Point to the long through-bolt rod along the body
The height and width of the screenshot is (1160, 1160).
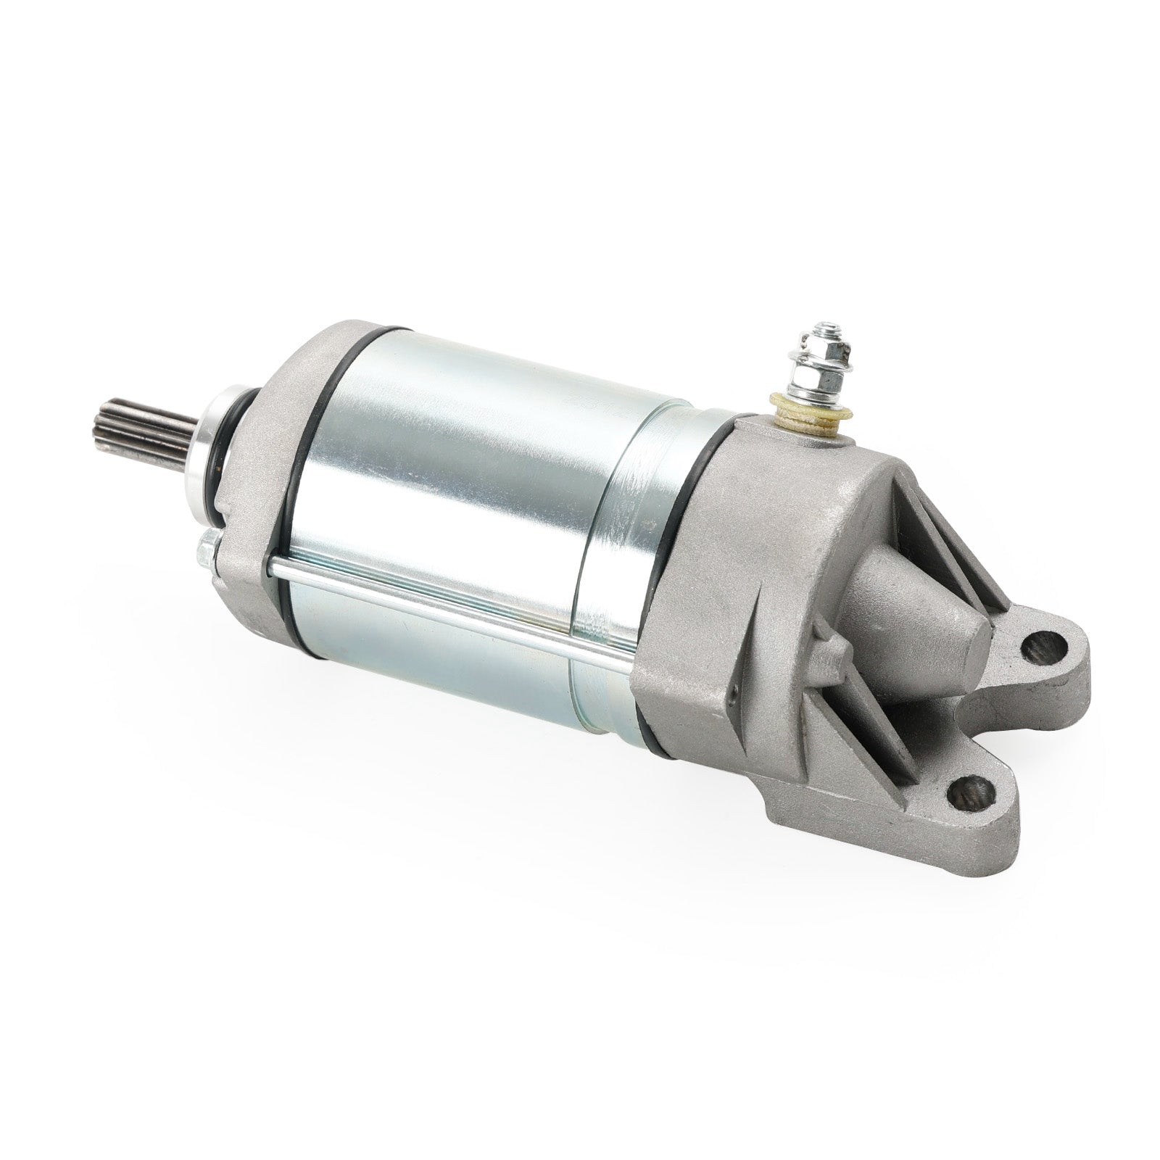pyautogui.click(x=449, y=602)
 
